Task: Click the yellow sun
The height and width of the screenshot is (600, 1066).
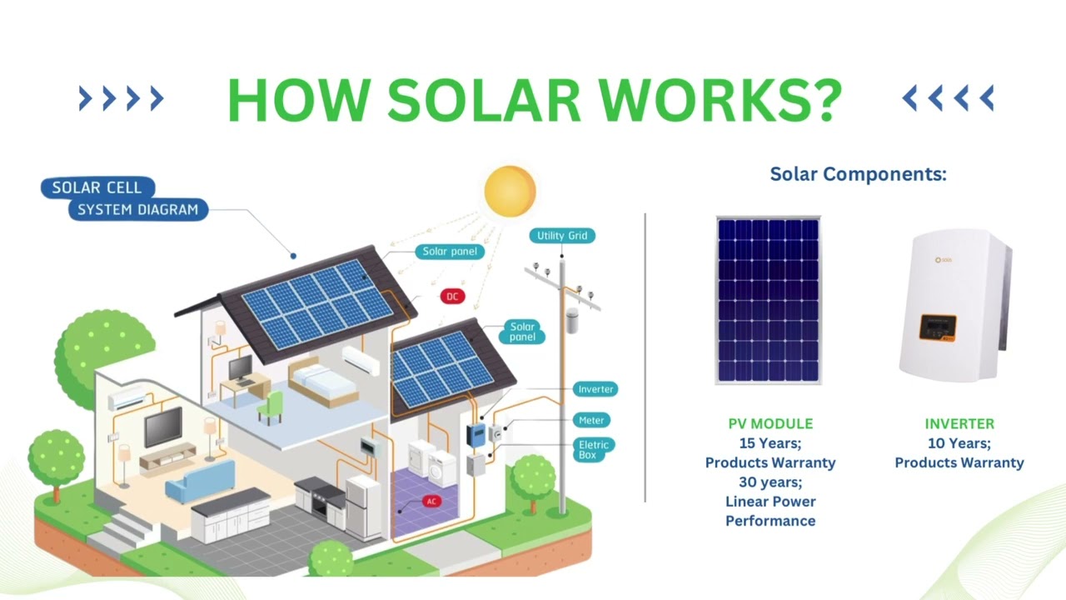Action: point(510,191)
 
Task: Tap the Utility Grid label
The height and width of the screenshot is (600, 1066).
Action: point(562,236)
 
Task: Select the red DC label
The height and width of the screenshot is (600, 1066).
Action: point(452,297)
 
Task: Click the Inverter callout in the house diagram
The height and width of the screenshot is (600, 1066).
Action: point(595,389)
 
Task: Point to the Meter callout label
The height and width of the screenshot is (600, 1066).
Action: point(592,420)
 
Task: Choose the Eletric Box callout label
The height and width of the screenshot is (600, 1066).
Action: point(594,450)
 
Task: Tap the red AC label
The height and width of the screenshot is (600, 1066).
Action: point(431,502)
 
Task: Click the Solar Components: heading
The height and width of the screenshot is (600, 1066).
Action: point(858,174)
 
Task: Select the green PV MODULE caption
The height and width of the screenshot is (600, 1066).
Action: point(770,424)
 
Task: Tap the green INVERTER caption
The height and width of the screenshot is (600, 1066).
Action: point(959,424)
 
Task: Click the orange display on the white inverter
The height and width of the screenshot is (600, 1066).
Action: point(937,327)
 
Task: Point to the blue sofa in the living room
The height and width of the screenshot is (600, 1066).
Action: point(200,481)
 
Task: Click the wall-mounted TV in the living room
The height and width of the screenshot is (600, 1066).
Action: point(163,427)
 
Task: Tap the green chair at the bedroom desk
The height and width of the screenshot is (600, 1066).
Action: point(271,407)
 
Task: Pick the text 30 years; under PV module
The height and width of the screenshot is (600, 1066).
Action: point(770,482)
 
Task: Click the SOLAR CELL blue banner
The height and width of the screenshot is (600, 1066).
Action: point(97,187)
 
